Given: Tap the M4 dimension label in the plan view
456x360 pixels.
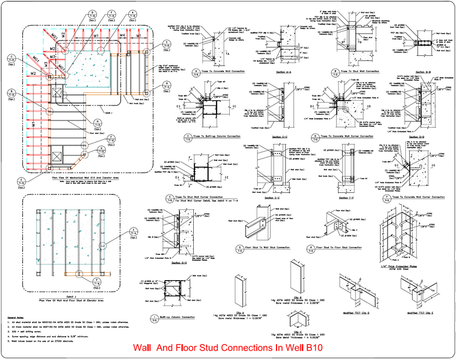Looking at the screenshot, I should click(x=123, y=35).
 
